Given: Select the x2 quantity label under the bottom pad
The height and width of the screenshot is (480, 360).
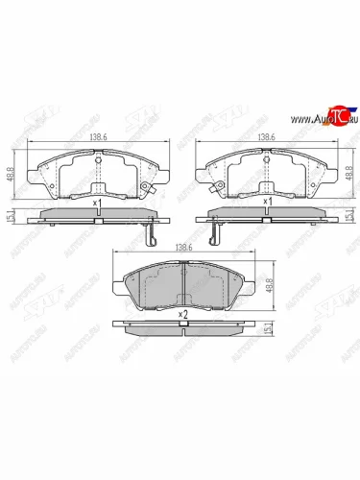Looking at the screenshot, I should (181, 314).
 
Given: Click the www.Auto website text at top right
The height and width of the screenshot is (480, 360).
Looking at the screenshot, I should (305, 121).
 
